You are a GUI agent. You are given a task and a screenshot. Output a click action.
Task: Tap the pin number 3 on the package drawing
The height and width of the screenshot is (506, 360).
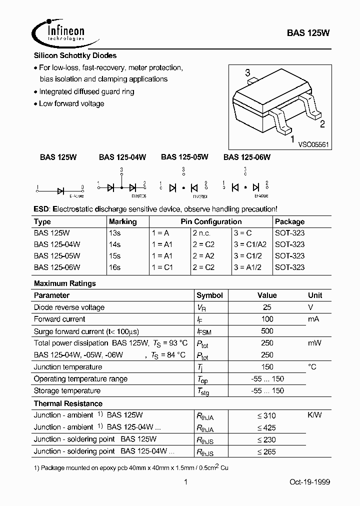pyautogui.click(x=247, y=73)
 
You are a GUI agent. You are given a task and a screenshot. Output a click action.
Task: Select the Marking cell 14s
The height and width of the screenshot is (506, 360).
pyautogui.click(x=114, y=244)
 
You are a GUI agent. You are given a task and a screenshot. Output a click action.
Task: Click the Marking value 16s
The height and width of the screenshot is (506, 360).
pyautogui.click(x=114, y=267)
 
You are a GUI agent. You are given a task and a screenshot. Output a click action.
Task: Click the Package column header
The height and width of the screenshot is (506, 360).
pyautogui.click(x=289, y=221)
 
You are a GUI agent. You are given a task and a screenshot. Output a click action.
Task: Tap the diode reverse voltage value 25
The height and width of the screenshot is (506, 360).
pyautogui.click(x=267, y=307)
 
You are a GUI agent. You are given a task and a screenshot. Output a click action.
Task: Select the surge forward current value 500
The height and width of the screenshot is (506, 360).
pyautogui.click(x=267, y=331)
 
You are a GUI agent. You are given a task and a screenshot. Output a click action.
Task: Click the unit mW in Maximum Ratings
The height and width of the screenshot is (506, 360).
pyautogui.click(x=314, y=343)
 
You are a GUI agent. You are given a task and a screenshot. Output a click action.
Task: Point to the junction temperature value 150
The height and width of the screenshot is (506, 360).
pyautogui.click(x=267, y=367)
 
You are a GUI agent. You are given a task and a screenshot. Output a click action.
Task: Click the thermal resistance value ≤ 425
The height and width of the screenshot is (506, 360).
pyautogui.click(x=266, y=427)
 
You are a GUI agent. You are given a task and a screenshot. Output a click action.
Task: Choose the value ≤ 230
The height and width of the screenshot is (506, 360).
pyautogui.click(x=266, y=439)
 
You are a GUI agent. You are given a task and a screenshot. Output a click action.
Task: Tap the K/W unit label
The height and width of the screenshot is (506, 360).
pyautogui.click(x=314, y=415)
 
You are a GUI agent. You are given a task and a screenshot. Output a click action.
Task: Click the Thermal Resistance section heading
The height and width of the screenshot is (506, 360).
pyautogui.click(x=68, y=403)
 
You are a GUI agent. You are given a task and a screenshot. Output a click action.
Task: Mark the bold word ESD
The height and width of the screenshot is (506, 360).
pyautogui.click(x=41, y=208)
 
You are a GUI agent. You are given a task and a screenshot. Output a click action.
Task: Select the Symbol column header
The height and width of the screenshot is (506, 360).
pyautogui.click(x=209, y=295)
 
